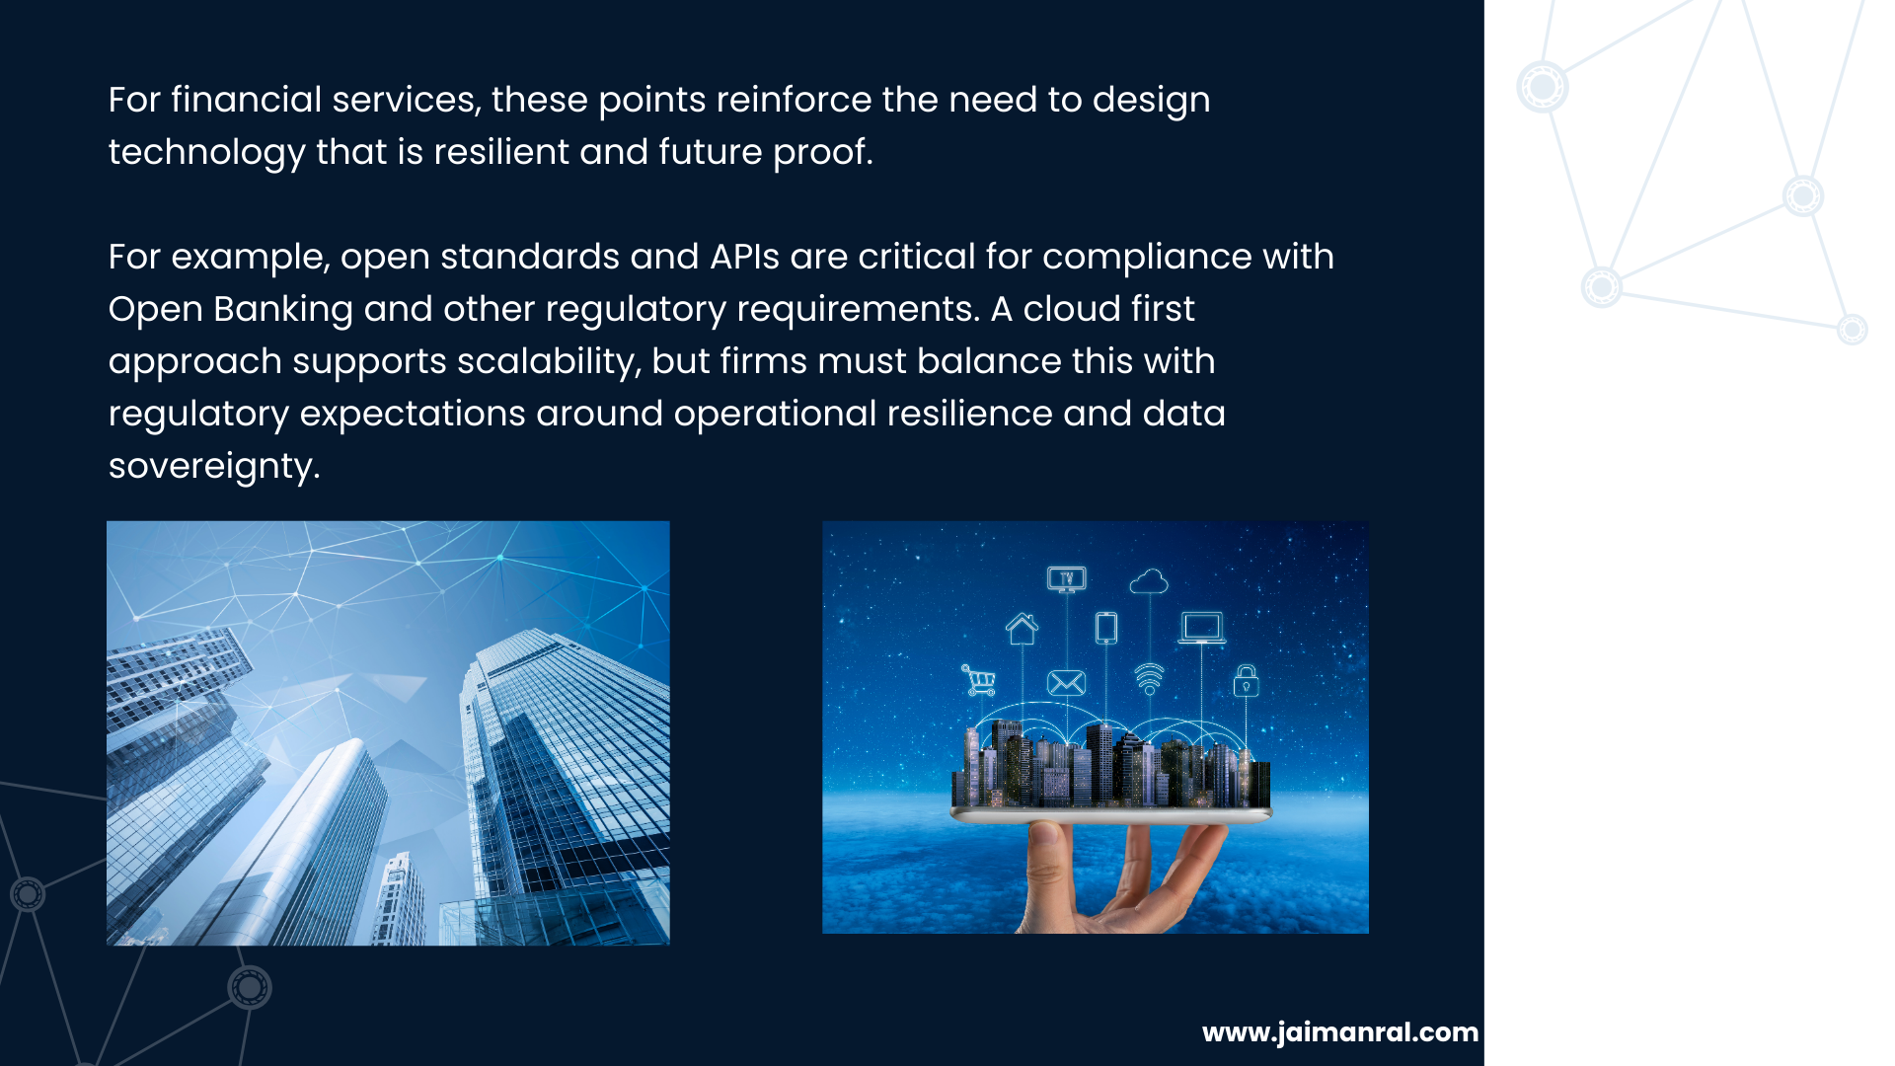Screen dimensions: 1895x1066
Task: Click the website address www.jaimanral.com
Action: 1340,1032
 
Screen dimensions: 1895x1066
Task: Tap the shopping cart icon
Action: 978,680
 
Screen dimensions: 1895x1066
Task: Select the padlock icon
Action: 1247,680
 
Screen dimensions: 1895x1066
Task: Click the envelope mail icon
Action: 1066,682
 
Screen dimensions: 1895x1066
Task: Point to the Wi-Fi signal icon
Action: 1149,679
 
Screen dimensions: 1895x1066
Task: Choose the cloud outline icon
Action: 1149,581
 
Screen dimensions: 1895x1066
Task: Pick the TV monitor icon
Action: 1067,579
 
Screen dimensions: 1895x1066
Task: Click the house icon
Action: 1022,628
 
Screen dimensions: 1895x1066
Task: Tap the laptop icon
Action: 1202,628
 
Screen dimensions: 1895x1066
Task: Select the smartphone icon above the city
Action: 1106,628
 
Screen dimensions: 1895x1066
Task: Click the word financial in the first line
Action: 246,100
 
